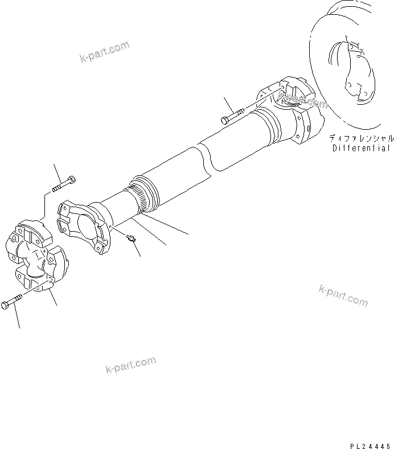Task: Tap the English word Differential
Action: point(360,149)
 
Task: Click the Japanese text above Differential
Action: point(360,138)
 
